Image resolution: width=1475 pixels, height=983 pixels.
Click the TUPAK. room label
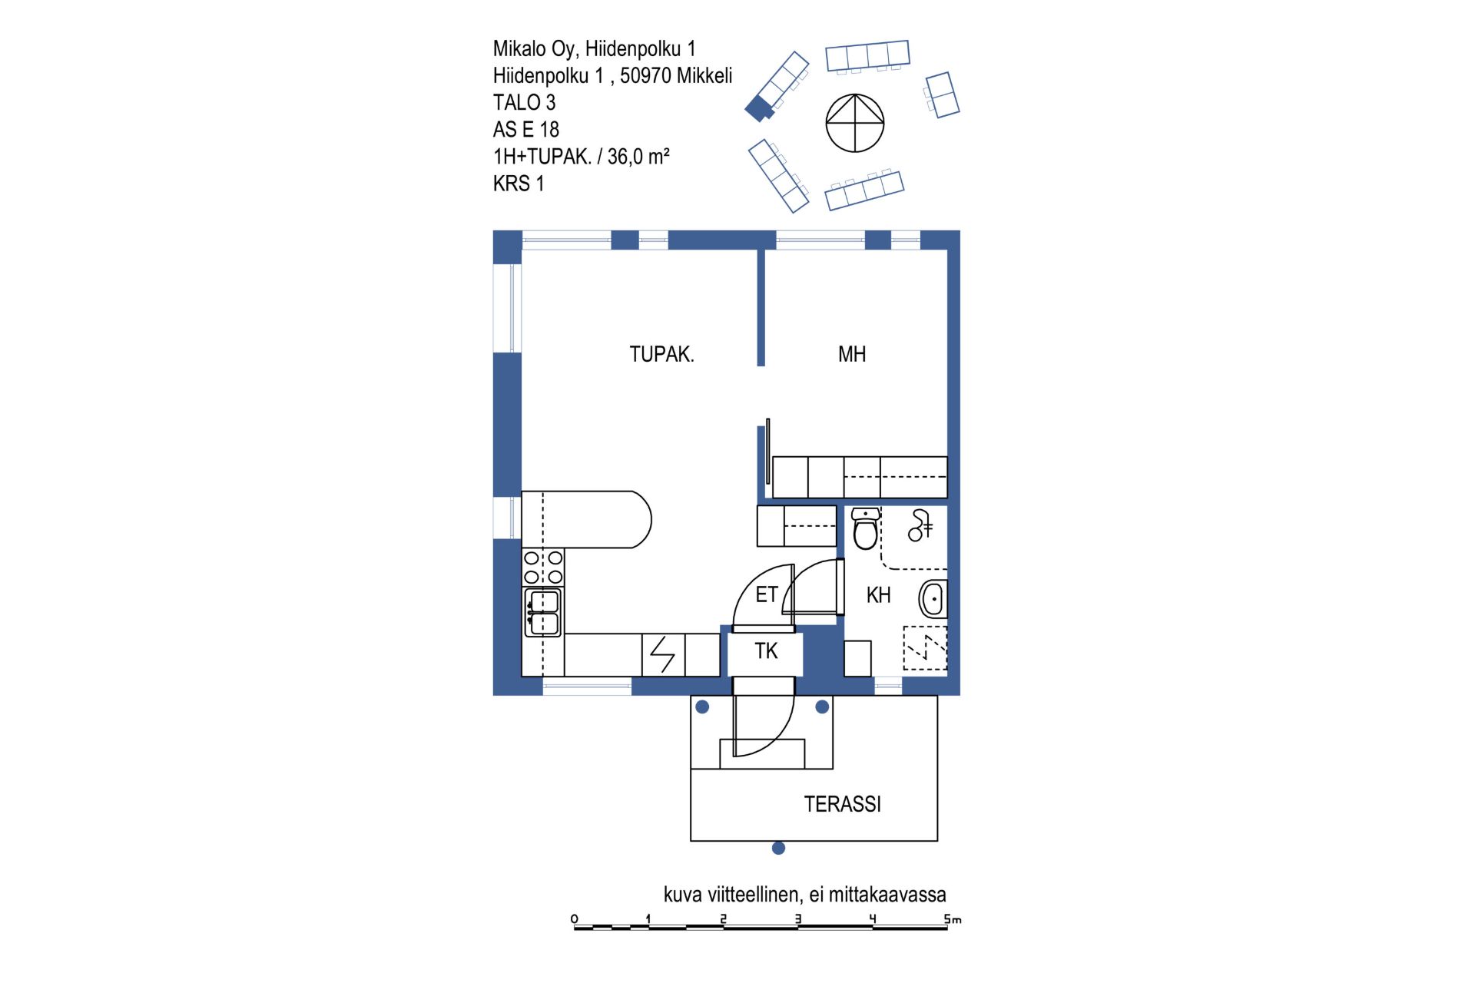click(661, 354)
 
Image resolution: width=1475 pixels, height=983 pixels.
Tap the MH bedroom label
click(852, 354)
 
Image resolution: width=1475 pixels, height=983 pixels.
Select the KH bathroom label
click(878, 595)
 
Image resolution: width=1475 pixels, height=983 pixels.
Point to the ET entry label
click(767, 594)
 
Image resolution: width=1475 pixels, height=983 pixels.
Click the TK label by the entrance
click(766, 651)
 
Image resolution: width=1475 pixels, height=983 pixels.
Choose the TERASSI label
click(842, 804)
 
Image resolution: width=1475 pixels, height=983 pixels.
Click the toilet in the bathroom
click(866, 528)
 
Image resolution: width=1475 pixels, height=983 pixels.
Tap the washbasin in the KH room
click(933, 599)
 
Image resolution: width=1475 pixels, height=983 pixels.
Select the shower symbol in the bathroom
click(920, 525)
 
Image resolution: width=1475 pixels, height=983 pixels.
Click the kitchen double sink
click(543, 612)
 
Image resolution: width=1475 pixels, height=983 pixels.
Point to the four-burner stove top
click(543, 568)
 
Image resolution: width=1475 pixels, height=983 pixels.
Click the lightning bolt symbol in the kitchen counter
click(662, 655)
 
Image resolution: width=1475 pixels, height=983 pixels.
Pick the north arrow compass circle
click(855, 123)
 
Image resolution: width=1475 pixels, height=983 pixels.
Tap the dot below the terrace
click(778, 848)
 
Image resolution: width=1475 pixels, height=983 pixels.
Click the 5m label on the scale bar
click(953, 918)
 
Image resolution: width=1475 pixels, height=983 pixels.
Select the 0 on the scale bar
click(575, 918)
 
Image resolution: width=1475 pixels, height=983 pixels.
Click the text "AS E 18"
click(526, 129)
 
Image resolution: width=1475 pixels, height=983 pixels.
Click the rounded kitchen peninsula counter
click(586, 519)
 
